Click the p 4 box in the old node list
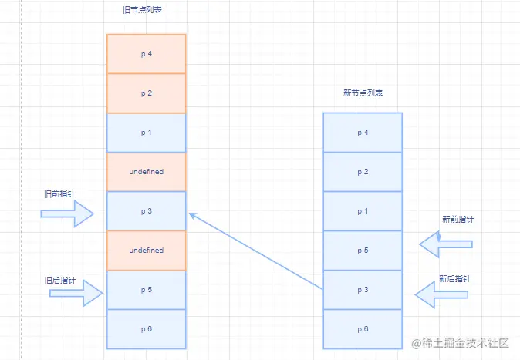tap(147, 54)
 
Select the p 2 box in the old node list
tap(147, 93)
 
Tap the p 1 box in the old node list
tap(147, 133)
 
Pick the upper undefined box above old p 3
tap(147, 172)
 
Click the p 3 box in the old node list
tap(147, 211)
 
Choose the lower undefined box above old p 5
tap(147, 251)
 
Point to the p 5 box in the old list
tap(147, 290)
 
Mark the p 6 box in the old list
tap(147, 329)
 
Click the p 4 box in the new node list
tap(363, 133)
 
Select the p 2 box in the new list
tap(363, 172)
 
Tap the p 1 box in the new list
tap(363, 211)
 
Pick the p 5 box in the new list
tap(363, 251)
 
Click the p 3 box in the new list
tap(363, 290)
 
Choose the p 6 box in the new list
tap(363, 329)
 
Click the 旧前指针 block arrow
tap(68, 214)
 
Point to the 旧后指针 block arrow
tap(76, 293)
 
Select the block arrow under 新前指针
tap(446, 244)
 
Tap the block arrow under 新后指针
tap(441, 294)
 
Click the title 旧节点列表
tap(142, 10)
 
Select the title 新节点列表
tap(363, 93)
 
